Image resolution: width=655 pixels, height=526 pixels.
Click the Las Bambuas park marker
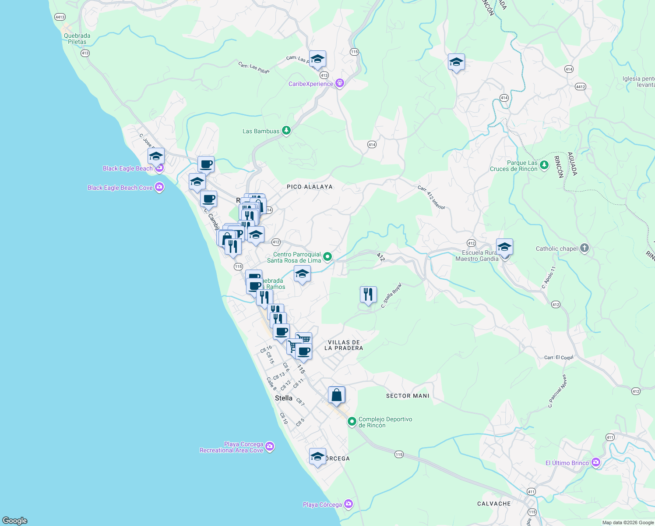pyautogui.click(x=286, y=131)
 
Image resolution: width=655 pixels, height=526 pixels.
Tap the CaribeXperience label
pyautogui.click(x=310, y=84)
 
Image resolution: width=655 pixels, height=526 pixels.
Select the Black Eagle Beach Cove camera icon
pyautogui.click(x=159, y=188)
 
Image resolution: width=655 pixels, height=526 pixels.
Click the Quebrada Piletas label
pyautogui.click(x=77, y=39)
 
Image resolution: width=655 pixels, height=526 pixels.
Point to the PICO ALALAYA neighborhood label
pyautogui.click(x=310, y=187)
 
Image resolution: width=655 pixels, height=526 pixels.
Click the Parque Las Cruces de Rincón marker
pyautogui.click(x=544, y=165)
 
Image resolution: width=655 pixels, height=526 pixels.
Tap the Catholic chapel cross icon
pyautogui.click(x=584, y=249)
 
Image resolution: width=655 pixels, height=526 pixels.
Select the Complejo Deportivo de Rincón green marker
pyautogui.click(x=352, y=422)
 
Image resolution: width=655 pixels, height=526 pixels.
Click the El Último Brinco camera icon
pyautogui.click(x=595, y=463)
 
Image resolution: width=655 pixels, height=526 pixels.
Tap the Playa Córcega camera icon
pyautogui.click(x=348, y=504)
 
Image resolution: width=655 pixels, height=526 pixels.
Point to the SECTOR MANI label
pyautogui.click(x=408, y=396)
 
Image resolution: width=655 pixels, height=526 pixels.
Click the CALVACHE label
pyautogui.click(x=494, y=504)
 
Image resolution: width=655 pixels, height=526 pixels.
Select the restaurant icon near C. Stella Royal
pyautogui.click(x=368, y=295)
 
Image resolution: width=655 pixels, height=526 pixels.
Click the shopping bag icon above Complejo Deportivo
pyautogui.click(x=336, y=395)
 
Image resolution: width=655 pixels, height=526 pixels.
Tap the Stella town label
pyautogui.click(x=283, y=398)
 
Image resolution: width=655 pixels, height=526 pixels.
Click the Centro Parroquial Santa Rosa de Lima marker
pyautogui.click(x=327, y=257)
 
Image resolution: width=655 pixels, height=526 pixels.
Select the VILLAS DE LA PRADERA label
pyautogui.click(x=344, y=345)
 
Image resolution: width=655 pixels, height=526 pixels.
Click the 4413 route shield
pyautogui.click(x=60, y=17)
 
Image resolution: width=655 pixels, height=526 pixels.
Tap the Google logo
pyautogui.click(x=15, y=520)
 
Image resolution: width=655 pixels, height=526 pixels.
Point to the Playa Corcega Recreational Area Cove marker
pyautogui.click(x=270, y=447)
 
